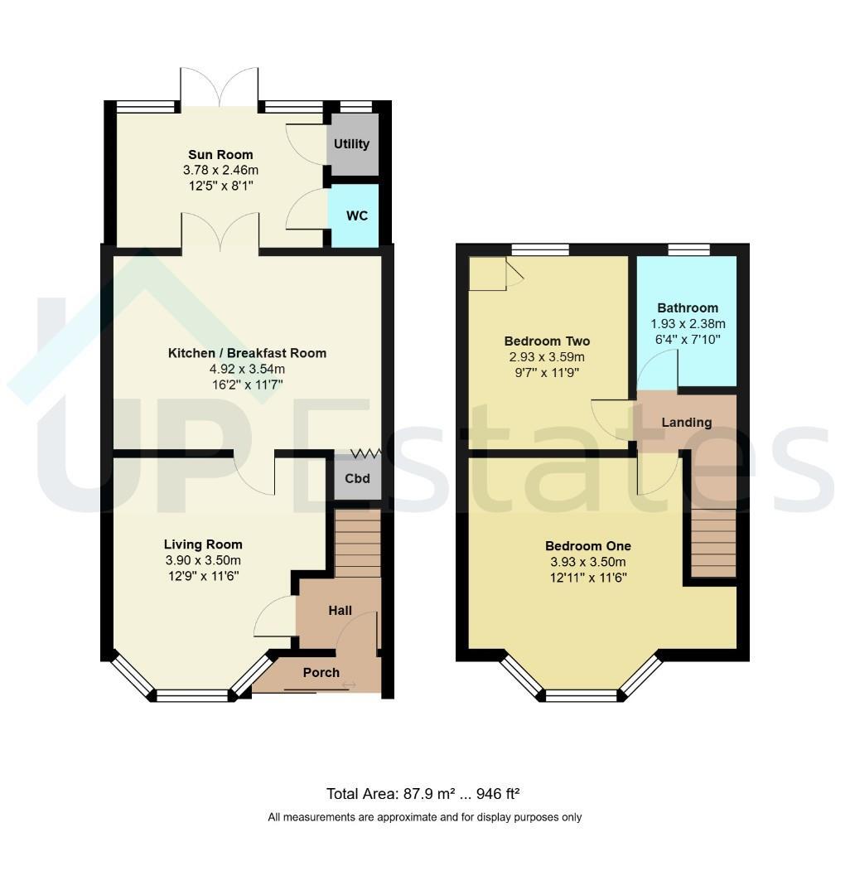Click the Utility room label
click(x=351, y=144)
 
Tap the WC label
click(x=357, y=215)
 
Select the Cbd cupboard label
click(x=357, y=478)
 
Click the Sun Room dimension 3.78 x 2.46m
click(x=220, y=170)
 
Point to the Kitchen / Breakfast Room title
click(x=247, y=353)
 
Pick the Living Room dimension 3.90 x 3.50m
click(x=203, y=560)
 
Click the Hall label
click(x=340, y=611)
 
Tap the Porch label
click(x=321, y=673)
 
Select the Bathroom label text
click(x=688, y=308)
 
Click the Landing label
click(x=686, y=423)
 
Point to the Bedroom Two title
click(x=547, y=341)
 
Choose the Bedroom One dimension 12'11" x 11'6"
click(x=588, y=578)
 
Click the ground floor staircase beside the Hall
click(x=357, y=544)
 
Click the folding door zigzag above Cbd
click(x=365, y=454)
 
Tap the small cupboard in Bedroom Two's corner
click(x=487, y=273)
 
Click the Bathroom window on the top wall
click(x=688, y=249)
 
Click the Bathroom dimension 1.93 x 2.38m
click(x=688, y=324)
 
